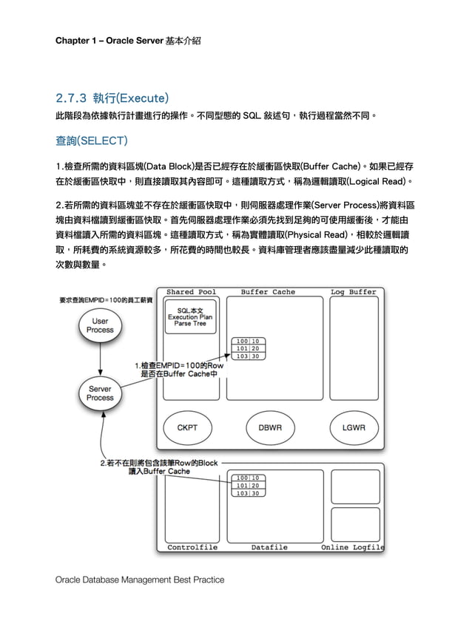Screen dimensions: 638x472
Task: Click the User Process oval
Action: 100,326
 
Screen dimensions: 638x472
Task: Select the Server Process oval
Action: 100,393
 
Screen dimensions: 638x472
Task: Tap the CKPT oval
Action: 186,428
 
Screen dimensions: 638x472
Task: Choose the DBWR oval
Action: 269,428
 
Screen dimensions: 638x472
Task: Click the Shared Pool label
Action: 191,292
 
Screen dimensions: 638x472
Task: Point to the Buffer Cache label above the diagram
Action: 267,292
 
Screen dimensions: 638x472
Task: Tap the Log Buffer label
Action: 353,292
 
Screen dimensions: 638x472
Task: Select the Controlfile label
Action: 192,548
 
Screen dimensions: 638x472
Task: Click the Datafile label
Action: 269,548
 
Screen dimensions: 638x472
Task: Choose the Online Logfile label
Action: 352,548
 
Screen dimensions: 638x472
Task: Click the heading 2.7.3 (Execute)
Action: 112,98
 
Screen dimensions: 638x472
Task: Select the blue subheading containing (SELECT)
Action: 92,140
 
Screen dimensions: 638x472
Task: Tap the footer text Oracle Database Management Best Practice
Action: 140,580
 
